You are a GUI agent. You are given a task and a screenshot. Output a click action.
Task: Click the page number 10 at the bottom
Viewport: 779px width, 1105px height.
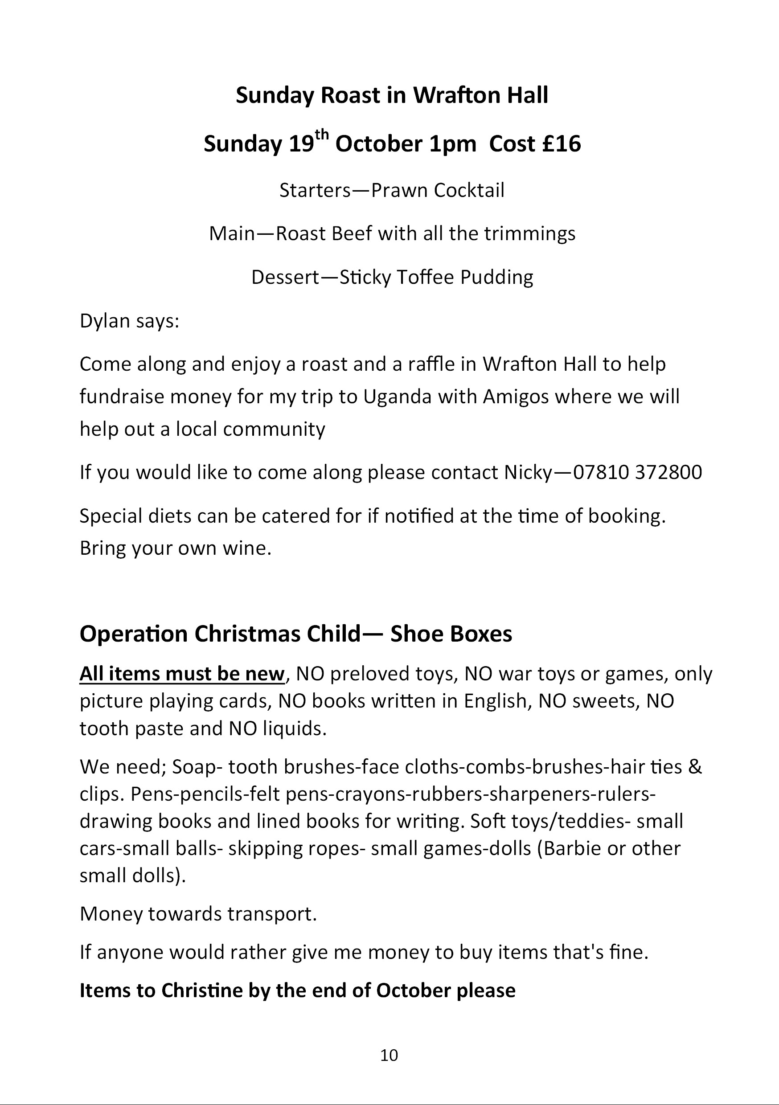pyautogui.click(x=389, y=1055)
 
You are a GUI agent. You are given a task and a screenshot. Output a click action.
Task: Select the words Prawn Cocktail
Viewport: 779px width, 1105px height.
pyautogui.click(x=438, y=190)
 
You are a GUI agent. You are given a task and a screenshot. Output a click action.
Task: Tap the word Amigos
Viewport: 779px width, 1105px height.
pyautogui.click(x=516, y=397)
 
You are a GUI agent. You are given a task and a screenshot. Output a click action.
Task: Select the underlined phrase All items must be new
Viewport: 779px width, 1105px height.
pyautogui.click(x=182, y=674)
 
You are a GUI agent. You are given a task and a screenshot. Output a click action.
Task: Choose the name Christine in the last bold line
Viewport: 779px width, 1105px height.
pyautogui.click(x=202, y=990)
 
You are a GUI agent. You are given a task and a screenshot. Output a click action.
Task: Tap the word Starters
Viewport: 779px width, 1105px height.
pyautogui.click(x=316, y=190)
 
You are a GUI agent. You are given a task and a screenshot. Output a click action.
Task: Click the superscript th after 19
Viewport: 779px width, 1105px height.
pyautogui.click(x=322, y=135)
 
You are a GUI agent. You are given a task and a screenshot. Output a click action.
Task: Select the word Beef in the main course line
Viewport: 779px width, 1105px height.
pyautogui.click(x=352, y=233)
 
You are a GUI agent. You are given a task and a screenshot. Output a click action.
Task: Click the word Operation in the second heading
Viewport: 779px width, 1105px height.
pyautogui.click(x=134, y=634)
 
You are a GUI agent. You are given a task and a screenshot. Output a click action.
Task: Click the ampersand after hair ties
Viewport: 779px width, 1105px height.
pyautogui.click(x=695, y=767)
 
